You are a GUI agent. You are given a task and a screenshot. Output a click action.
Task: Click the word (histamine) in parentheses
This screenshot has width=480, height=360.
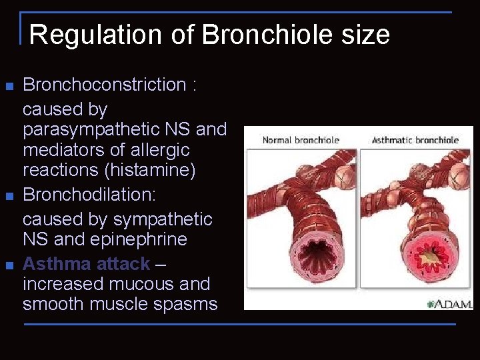point(150,170)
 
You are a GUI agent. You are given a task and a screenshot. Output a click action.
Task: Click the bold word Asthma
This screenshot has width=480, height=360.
point(57,264)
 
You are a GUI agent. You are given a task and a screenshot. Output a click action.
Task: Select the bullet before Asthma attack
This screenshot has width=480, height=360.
point(9,265)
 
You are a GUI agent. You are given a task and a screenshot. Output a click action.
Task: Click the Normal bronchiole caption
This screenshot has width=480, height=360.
point(301,140)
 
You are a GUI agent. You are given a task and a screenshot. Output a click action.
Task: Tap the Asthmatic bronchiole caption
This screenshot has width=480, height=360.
point(415,140)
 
